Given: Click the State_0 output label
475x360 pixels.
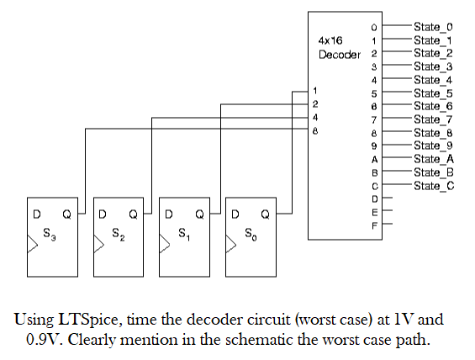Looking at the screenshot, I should coord(433,27).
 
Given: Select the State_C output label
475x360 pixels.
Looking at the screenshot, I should coord(433,185).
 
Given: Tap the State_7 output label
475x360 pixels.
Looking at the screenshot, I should coord(433,119).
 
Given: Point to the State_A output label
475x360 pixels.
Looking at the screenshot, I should coord(433,159).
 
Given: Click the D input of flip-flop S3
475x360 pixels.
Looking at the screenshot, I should coord(36,214).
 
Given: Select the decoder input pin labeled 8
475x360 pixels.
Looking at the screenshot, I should coord(315,130).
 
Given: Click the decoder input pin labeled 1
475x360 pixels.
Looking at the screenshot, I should coord(315,90).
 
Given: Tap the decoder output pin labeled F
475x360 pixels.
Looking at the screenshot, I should coord(376,225).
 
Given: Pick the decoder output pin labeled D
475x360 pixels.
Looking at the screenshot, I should coord(376,199).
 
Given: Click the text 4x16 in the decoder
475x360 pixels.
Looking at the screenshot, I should coord(330,40).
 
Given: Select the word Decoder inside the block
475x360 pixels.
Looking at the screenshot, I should coord(338,54).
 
